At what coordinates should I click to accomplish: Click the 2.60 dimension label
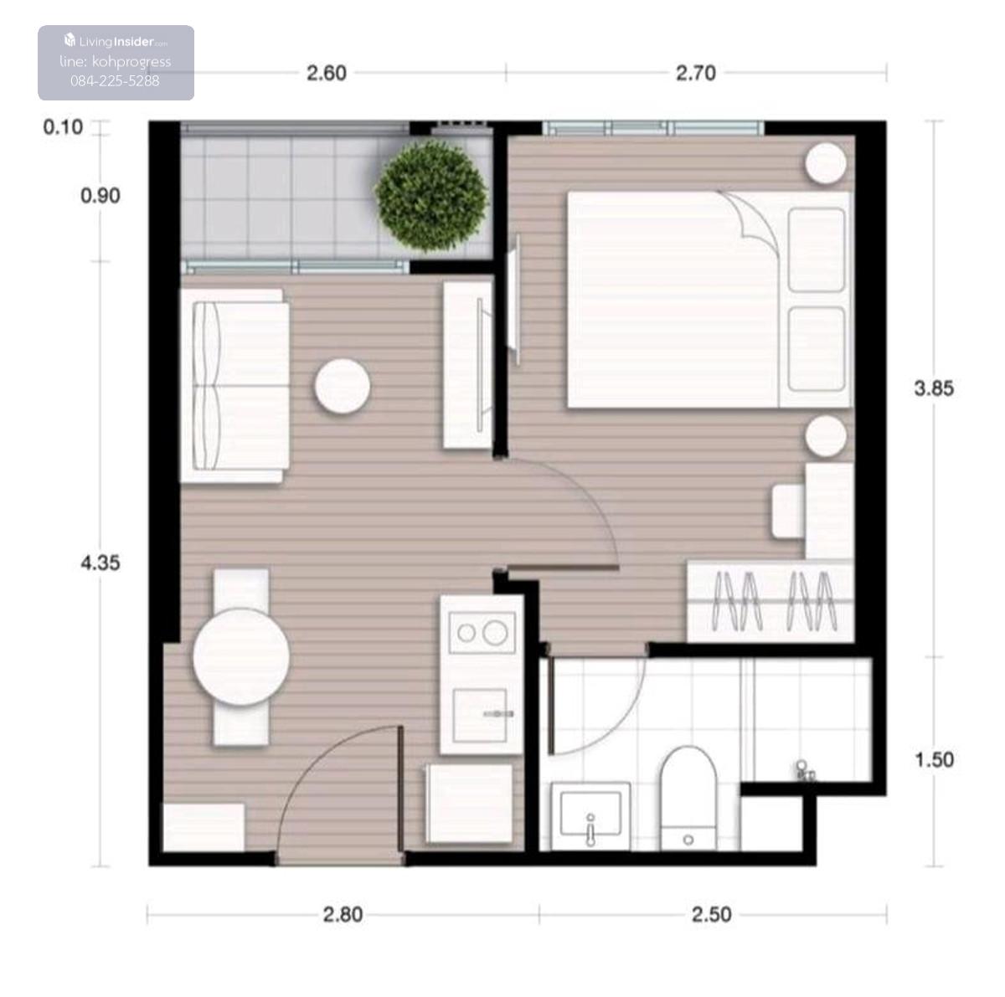tap(327, 74)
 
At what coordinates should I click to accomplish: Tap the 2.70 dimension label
tap(696, 74)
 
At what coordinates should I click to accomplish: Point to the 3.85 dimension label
tap(934, 388)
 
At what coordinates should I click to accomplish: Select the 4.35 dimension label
tap(100, 563)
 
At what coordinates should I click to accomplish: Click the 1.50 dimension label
tap(935, 760)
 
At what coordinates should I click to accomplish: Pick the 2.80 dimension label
tap(343, 915)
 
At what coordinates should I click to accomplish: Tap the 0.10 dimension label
tap(63, 127)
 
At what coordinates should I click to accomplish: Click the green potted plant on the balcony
tap(432, 196)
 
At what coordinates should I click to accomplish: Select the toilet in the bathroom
tap(688, 799)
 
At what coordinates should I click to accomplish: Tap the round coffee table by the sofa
tap(343, 387)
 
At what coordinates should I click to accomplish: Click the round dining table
tap(241, 657)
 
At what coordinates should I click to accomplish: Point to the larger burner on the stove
tap(495, 634)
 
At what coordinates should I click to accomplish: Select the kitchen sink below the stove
tap(480, 716)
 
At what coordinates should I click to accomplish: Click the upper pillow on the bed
tap(817, 249)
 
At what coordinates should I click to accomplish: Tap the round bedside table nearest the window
tap(826, 162)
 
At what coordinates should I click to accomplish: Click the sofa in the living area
tap(234, 386)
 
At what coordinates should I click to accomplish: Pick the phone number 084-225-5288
tap(115, 81)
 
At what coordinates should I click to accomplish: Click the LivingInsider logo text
tap(116, 41)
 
